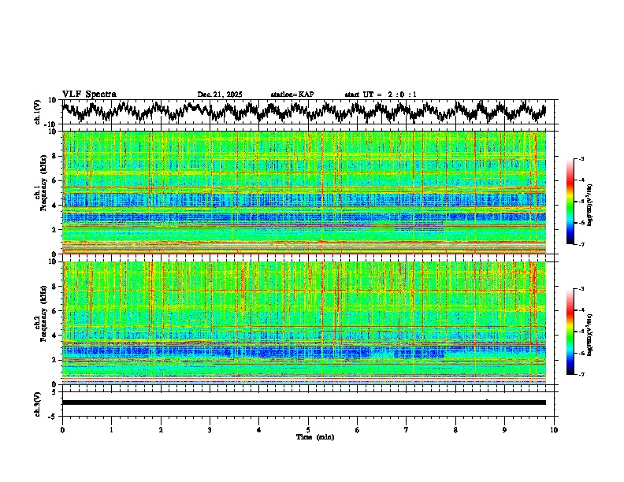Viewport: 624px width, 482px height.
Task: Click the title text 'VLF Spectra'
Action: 89,95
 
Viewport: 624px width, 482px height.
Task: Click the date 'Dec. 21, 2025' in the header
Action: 220,95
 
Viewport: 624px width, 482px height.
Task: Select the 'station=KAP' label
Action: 292,95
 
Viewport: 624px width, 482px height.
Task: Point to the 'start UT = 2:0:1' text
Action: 381,95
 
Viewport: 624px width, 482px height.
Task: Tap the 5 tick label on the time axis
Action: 308,429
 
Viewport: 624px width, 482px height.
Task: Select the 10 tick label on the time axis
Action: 554,429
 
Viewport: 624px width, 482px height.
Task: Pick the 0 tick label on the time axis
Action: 62,429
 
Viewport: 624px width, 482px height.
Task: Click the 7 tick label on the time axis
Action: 407,429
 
